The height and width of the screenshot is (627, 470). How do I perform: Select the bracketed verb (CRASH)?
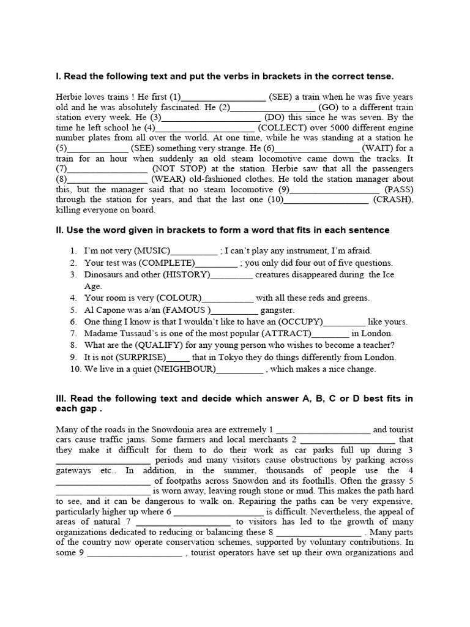393,200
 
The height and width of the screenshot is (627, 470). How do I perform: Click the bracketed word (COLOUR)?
179,298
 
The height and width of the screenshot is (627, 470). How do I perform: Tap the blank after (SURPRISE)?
178,358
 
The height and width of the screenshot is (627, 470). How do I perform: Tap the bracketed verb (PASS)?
398,189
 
